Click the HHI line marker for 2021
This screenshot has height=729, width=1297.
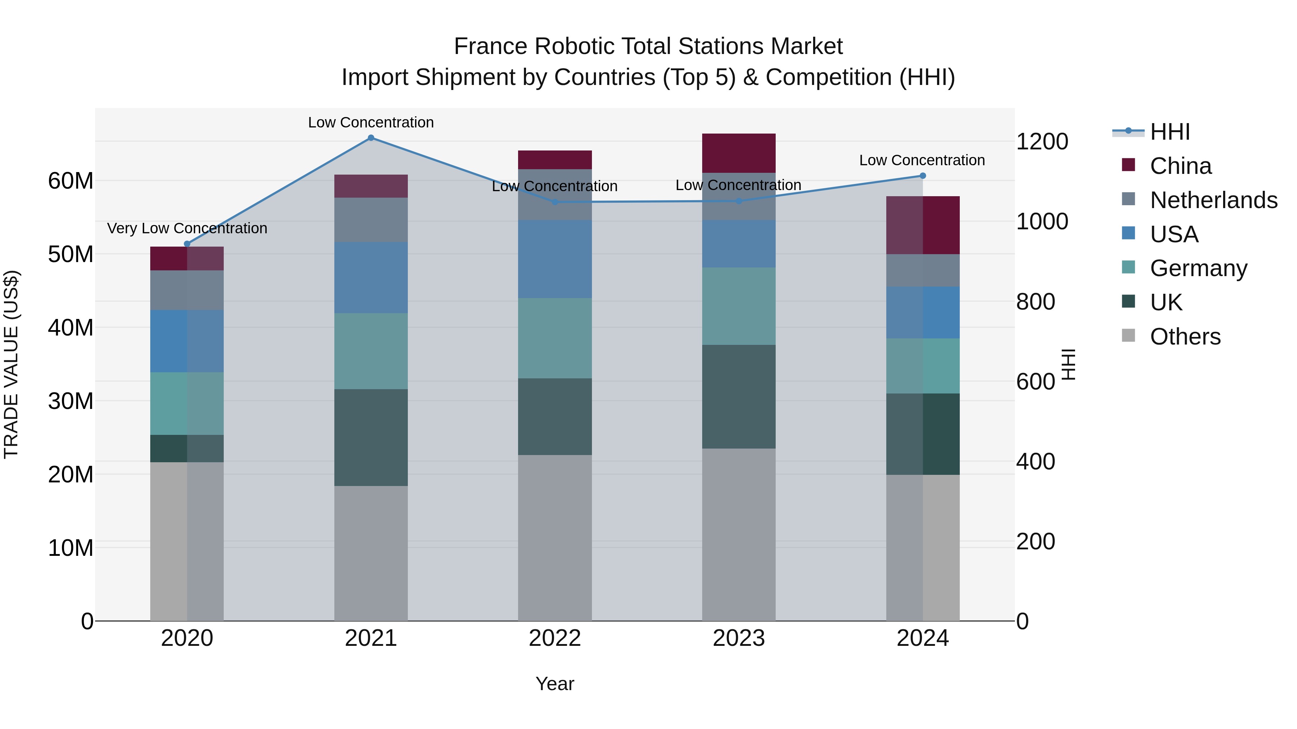pos(371,138)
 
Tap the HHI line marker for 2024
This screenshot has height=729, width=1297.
pos(922,176)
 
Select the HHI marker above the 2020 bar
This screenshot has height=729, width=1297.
pos(187,244)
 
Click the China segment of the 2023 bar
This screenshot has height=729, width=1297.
pos(739,153)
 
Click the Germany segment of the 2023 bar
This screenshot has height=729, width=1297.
pos(739,306)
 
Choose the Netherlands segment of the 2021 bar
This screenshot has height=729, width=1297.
pos(371,220)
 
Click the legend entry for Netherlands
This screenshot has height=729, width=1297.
pos(1213,200)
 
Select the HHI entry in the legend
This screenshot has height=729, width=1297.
pos(1169,132)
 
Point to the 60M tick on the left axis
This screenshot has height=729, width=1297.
pos(71,181)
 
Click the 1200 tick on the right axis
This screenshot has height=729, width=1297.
pos(1042,141)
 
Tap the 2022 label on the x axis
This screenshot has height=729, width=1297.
pos(555,638)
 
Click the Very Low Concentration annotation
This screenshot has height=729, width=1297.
pos(187,228)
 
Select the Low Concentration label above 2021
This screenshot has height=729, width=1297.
pos(371,122)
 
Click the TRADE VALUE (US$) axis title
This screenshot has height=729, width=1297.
pos(11,364)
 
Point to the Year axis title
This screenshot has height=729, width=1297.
pos(555,684)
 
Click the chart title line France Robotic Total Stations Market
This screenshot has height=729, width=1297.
pos(648,46)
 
